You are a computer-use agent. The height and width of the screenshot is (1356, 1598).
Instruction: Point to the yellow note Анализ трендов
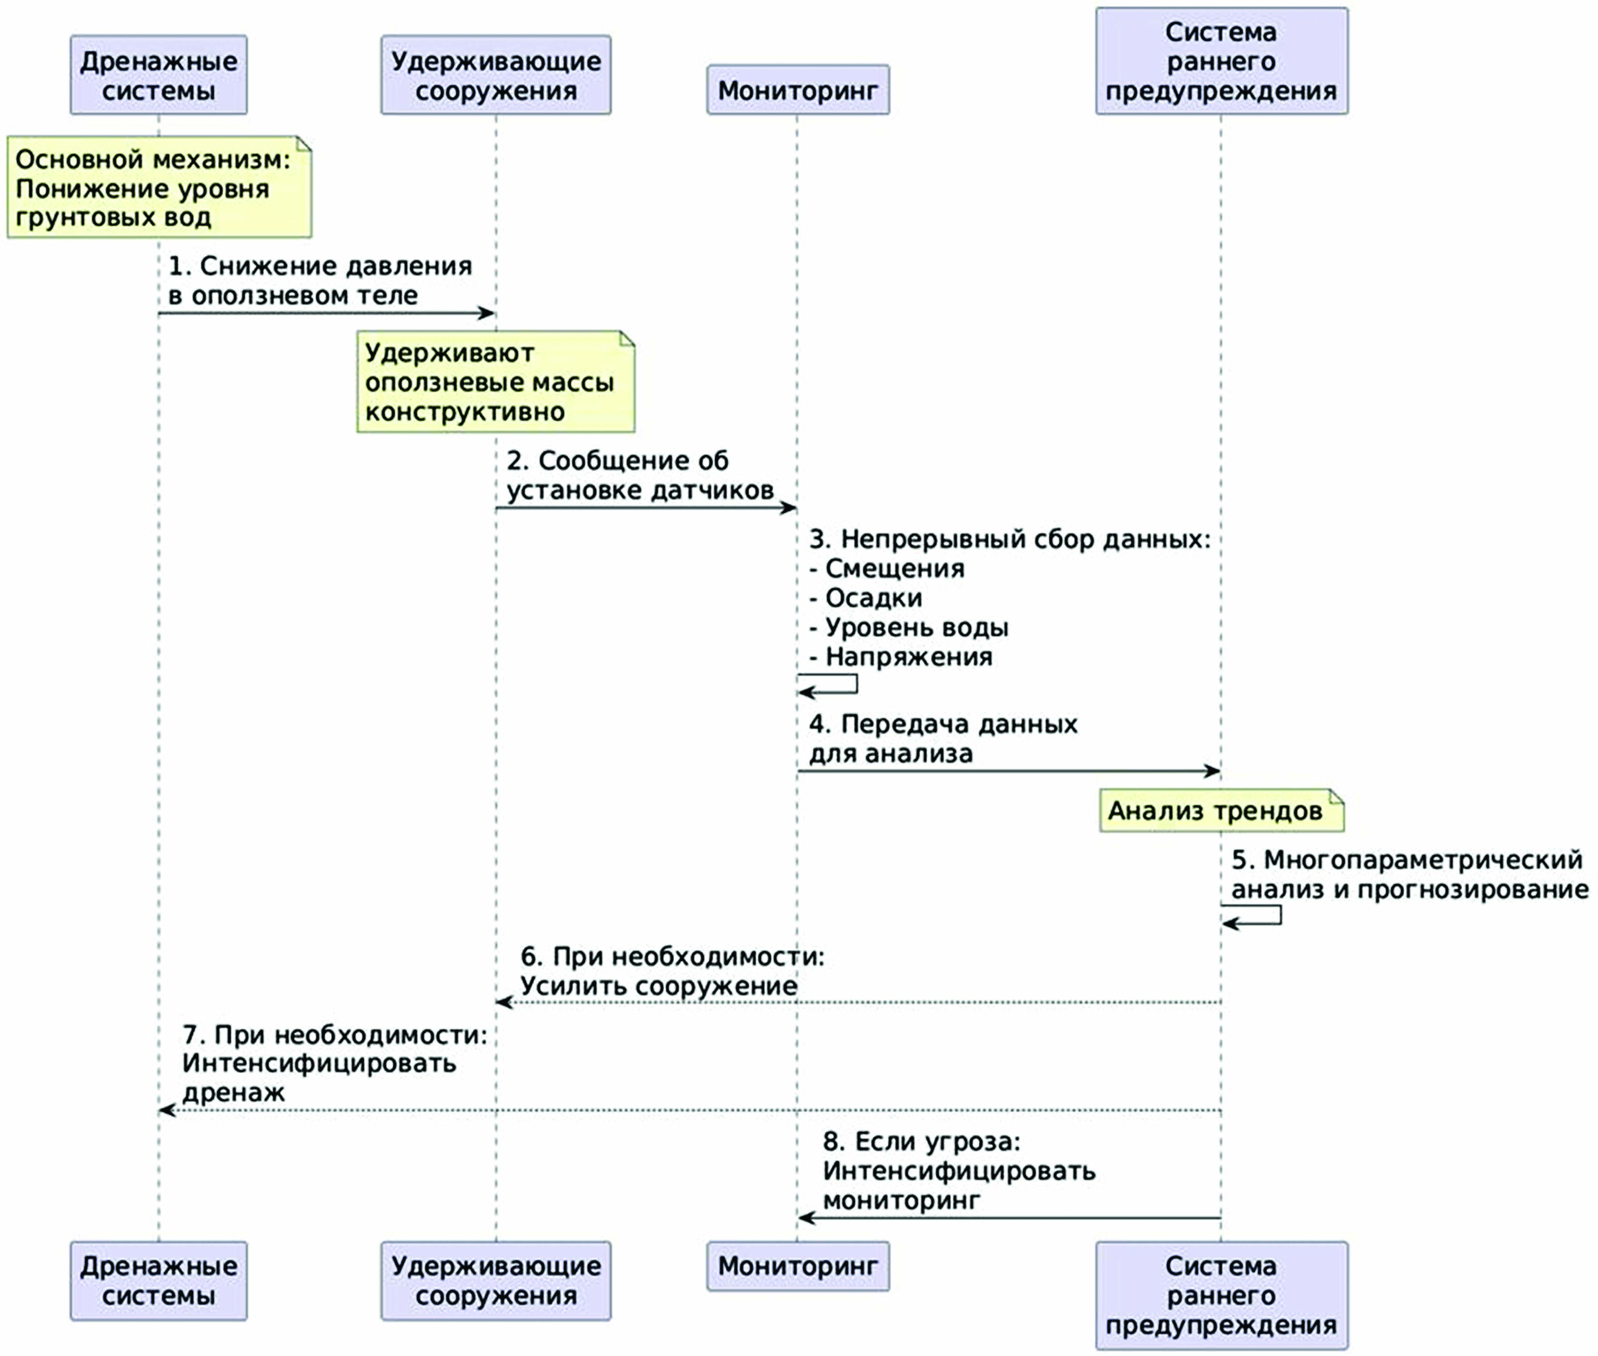[1221, 810]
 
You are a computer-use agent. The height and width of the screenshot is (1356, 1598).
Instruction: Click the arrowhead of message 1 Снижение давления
[487, 313]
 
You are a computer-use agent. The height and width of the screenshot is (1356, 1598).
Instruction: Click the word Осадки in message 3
[874, 598]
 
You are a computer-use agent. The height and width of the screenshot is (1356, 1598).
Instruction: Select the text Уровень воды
[917, 628]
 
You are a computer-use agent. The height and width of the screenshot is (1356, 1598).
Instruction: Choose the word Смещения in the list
[895, 569]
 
